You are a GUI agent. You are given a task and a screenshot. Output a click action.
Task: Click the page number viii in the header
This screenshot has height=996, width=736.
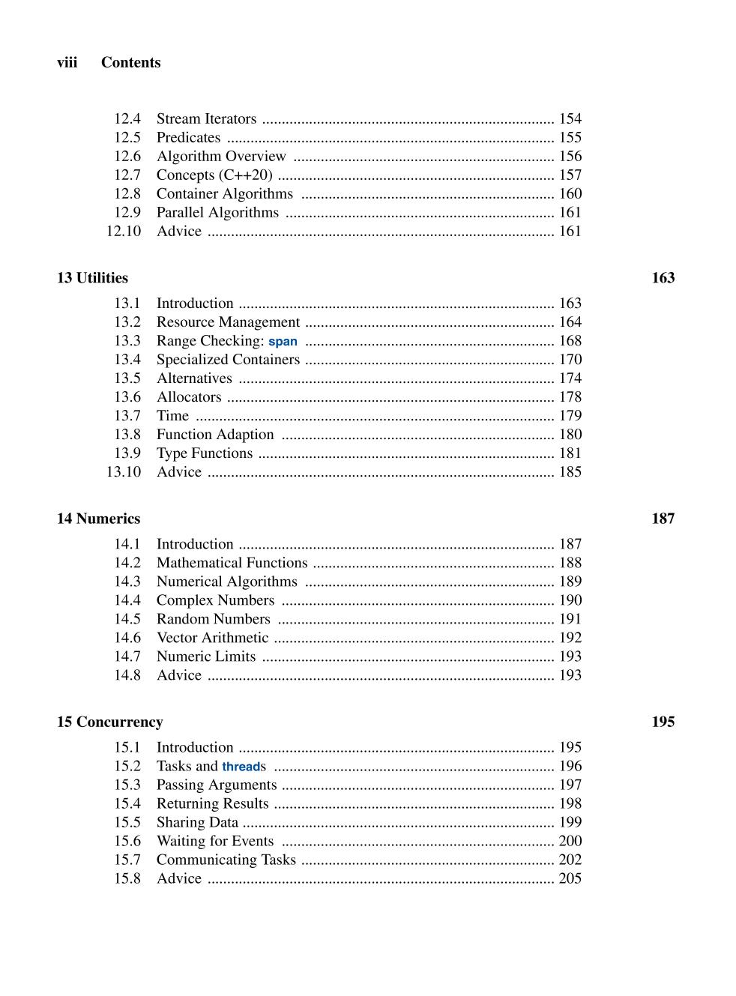67,63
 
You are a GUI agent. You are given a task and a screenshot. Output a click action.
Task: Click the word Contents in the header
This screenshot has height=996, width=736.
130,63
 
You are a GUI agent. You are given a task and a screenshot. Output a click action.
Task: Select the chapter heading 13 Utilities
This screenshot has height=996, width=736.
92,278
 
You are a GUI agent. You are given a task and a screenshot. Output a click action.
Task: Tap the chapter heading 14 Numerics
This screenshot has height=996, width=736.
98,519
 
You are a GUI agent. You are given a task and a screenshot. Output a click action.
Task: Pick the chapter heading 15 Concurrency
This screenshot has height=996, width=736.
109,722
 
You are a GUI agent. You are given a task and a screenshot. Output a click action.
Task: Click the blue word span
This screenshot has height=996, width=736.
283,342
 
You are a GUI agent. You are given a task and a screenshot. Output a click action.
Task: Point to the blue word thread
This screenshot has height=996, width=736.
241,767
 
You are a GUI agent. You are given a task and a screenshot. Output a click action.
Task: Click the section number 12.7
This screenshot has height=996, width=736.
127,175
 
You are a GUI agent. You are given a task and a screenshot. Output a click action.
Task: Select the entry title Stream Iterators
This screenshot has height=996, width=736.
206,119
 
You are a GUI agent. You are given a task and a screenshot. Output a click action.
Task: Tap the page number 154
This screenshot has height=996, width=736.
570,119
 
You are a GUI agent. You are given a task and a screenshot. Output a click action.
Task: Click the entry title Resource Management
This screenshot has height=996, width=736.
228,322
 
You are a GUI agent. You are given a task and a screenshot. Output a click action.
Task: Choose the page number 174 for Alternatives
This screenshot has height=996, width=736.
570,378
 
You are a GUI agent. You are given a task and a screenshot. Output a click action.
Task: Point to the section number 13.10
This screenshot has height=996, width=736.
123,472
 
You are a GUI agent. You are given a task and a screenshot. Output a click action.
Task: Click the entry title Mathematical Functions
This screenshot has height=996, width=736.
232,563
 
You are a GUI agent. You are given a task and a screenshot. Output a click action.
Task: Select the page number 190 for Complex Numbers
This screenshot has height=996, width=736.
570,600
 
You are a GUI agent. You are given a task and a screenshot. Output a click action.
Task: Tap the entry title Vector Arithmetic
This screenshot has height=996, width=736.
212,638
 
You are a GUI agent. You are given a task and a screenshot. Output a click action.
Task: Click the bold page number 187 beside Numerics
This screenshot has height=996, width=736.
663,519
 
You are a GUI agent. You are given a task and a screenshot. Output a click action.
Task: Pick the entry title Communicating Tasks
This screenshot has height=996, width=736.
226,860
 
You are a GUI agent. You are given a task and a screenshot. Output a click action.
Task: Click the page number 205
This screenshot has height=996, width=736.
570,878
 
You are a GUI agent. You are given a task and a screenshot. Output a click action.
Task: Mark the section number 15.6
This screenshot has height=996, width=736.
127,841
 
